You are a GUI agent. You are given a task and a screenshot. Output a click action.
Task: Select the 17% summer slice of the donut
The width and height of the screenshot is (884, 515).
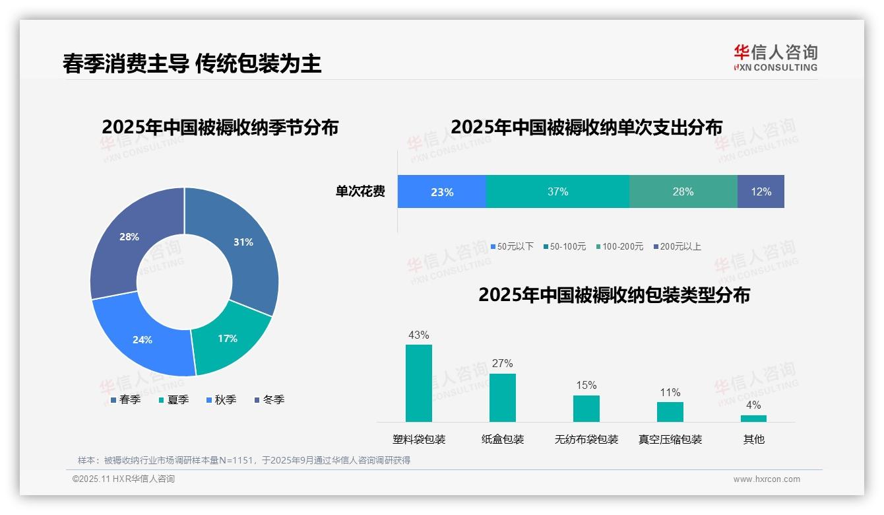(x=228, y=338)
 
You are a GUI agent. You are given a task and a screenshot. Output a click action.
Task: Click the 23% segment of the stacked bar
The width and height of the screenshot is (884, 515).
(x=441, y=192)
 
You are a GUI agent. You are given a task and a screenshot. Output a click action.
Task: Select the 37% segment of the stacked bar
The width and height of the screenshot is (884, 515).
(x=557, y=192)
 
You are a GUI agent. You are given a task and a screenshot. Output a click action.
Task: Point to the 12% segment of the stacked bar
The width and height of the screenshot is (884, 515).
(x=761, y=192)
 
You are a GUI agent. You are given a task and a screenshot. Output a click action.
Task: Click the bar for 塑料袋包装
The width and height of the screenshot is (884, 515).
(x=418, y=383)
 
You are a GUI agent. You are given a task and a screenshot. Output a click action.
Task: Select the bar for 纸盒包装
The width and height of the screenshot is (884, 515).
(x=502, y=397)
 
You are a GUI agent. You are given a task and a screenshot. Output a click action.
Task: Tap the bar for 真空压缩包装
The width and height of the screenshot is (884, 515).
(x=670, y=412)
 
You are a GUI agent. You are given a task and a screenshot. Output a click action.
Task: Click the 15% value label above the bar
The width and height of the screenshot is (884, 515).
(x=586, y=386)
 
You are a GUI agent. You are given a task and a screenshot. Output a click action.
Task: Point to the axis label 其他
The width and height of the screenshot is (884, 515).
(x=753, y=439)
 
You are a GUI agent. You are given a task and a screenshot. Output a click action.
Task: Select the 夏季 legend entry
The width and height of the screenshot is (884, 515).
(x=174, y=399)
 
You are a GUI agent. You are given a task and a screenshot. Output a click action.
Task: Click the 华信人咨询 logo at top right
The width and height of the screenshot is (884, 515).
(x=775, y=58)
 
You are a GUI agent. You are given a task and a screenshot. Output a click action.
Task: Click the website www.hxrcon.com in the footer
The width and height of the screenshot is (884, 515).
(x=766, y=479)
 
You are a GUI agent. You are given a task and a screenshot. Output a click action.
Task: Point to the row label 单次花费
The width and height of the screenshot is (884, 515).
(x=360, y=192)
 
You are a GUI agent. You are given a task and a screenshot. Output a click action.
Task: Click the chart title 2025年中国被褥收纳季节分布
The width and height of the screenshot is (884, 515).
(x=220, y=127)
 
